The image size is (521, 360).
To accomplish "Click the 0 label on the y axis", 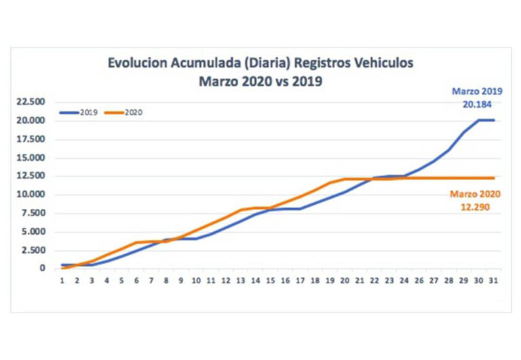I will (42, 268).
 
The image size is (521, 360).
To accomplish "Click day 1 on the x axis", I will (62, 281).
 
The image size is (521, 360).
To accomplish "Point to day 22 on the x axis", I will (375, 281).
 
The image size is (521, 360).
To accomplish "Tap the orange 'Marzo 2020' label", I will (475, 194).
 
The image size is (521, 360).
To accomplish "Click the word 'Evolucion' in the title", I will (136, 64).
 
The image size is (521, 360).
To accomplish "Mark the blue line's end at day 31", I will (493, 120).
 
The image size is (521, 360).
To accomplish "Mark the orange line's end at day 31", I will (493, 178).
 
